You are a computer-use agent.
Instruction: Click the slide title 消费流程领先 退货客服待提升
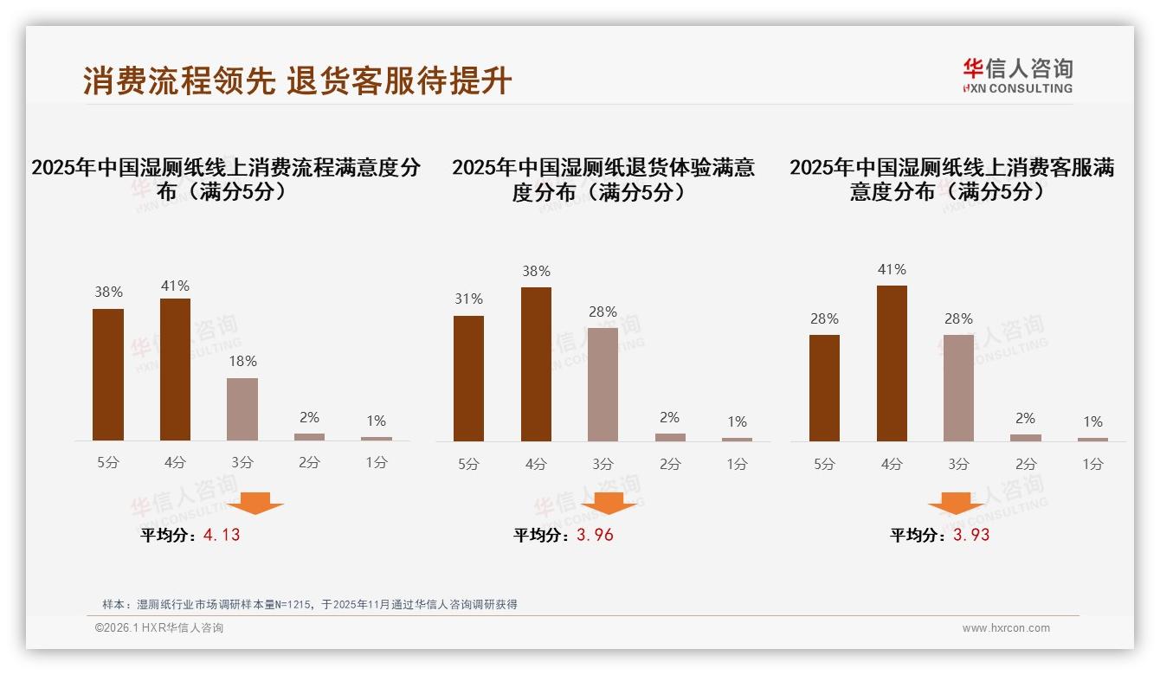297,81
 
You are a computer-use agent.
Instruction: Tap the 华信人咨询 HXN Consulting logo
1017,76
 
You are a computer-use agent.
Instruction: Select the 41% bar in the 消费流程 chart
175,370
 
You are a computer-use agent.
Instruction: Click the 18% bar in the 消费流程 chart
242,409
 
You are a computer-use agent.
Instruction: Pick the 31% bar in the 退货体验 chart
468,378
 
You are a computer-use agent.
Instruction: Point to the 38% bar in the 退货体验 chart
536,364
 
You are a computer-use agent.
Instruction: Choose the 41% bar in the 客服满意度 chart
892,363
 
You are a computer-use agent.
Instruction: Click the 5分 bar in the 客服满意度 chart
824,388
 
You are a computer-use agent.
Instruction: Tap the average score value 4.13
222,535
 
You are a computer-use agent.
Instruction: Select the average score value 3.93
971,535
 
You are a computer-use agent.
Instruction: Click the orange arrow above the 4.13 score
256,503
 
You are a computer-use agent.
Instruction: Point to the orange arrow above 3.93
956,503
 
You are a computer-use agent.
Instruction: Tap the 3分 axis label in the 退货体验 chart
603,465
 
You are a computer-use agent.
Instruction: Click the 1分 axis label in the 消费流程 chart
377,463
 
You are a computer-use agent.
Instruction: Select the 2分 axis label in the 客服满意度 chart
1026,465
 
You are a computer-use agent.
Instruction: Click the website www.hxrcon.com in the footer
1006,628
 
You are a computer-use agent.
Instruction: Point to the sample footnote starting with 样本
309,604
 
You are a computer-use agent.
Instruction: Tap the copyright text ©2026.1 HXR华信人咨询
159,628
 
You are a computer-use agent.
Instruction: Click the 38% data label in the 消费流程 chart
108,292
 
